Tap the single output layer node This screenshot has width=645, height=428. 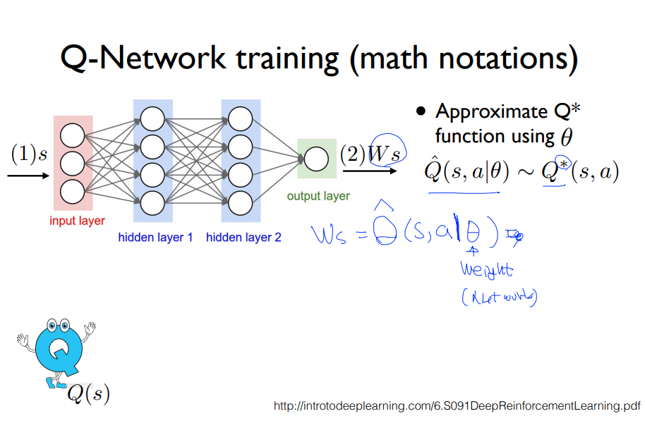[x=316, y=159]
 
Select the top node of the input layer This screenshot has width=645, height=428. [x=72, y=135]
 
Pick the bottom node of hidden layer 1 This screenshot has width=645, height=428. [x=152, y=203]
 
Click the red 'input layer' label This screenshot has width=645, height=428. [x=77, y=221]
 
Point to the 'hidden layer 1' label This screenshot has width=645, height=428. [x=155, y=238]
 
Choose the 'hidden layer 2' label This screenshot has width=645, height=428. [x=243, y=238]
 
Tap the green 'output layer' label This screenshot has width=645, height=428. [x=318, y=196]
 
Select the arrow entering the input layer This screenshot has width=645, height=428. [x=29, y=173]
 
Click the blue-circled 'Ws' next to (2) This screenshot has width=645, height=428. [x=387, y=153]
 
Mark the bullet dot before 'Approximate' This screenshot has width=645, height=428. [x=421, y=111]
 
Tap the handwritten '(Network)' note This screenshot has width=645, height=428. [x=499, y=298]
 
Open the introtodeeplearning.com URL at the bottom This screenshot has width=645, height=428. [x=457, y=406]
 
